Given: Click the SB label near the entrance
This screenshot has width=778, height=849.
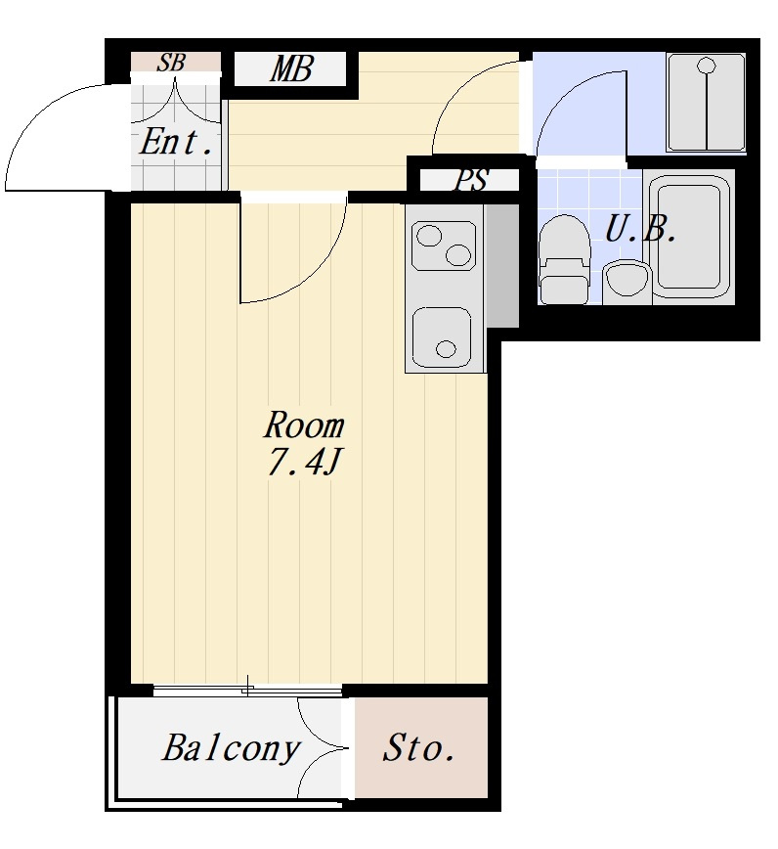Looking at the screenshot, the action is click(171, 63).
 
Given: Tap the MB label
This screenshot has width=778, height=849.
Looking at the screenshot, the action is click(291, 69).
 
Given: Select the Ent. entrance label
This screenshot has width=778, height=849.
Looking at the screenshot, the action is click(175, 142).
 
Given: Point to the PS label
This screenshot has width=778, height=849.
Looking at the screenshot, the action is click(471, 180).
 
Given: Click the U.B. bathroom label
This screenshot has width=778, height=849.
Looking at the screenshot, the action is click(640, 229).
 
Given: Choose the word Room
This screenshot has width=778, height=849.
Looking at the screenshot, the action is click(304, 425).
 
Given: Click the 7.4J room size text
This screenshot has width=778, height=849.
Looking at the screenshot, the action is click(303, 463).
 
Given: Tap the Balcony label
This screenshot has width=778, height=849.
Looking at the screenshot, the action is click(231, 749).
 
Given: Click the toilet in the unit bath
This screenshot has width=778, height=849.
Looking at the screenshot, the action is click(564, 259).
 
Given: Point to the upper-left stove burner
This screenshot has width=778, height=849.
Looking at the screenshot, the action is click(429, 236).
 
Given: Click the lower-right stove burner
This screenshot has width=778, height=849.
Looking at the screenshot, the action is click(458, 255).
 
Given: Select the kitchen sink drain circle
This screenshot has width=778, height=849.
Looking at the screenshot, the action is click(446, 349).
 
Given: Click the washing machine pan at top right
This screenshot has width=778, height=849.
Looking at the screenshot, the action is click(706, 103).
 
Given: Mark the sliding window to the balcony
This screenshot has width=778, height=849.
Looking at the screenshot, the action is click(247, 690).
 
